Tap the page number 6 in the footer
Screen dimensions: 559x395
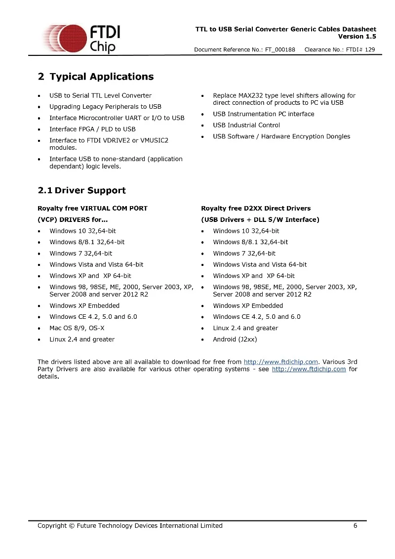(355, 525)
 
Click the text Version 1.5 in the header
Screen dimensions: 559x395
(357, 37)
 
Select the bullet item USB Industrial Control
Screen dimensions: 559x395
(246, 125)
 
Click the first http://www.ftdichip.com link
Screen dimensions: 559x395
(281, 362)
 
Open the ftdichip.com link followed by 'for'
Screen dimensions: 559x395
(309, 369)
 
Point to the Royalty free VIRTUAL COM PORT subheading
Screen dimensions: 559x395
(92, 208)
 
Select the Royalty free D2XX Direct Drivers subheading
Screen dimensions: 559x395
(256, 208)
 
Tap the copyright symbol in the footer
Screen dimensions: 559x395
(71, 525)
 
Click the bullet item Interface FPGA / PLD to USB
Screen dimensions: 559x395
(92, 129)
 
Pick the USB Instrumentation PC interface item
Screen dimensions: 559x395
(263, 114)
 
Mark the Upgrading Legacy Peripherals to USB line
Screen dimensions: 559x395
(105, 106)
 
